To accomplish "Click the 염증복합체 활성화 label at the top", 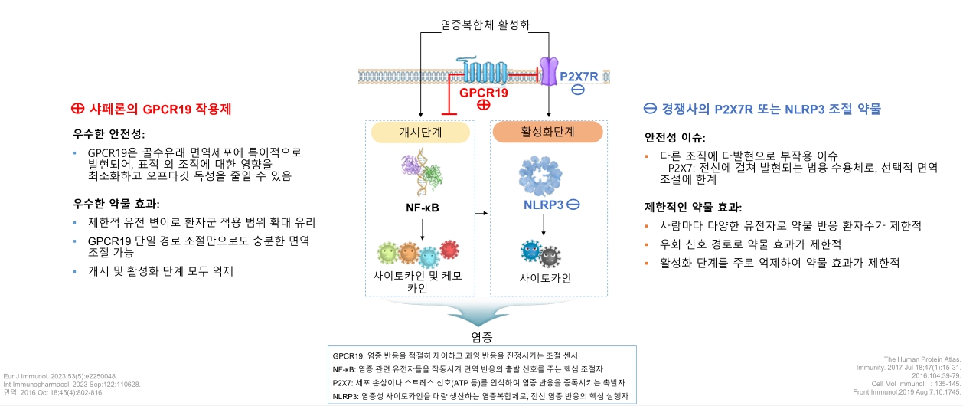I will click(485, 25).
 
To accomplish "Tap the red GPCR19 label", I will click(484, 93).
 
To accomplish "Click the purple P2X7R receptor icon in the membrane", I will click(549, 70).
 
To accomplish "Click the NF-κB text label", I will click(422, 207).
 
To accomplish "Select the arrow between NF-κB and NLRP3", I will click(481, 212).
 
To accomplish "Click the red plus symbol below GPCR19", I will click(484, 106).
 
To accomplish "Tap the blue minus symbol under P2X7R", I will click(579, 90).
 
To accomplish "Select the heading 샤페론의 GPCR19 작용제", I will click(151, 109).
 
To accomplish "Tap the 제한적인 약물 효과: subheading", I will click(693, 207).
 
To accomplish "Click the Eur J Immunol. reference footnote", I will click(60, 377).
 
